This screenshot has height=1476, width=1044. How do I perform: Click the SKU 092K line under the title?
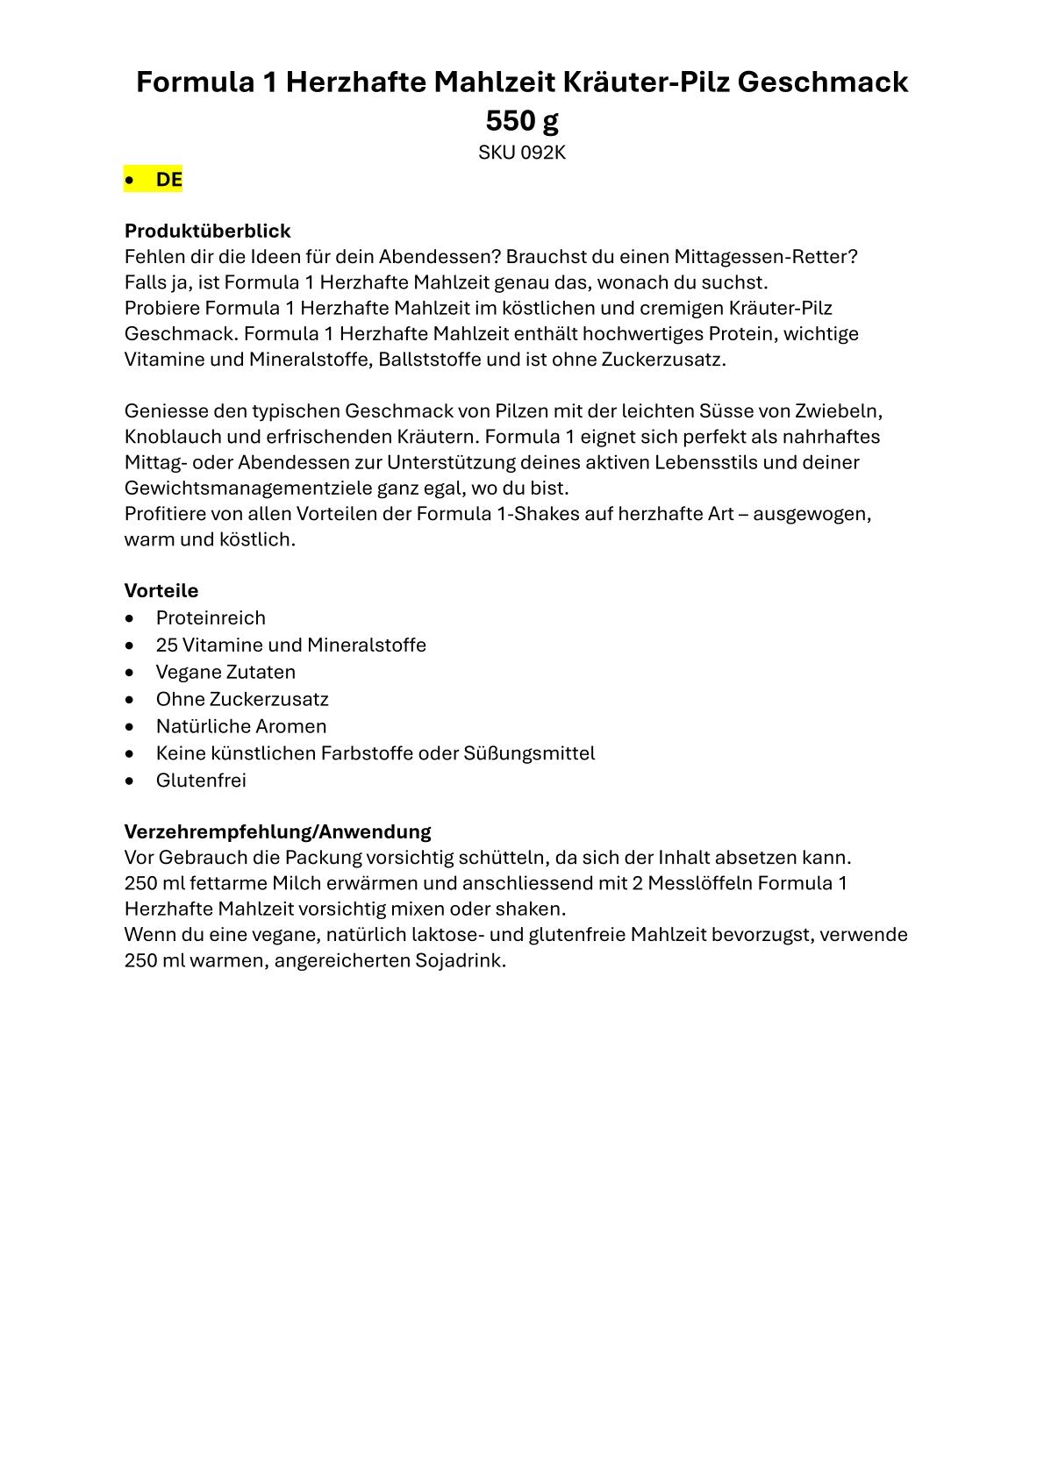click(521, 153)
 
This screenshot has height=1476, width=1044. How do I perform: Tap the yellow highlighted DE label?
click(168, 180)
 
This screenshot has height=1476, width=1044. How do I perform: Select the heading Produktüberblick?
click(207, 231)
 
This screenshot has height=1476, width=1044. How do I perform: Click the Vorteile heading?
click(161, 590)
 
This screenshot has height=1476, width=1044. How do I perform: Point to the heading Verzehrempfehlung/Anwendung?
click(277, 831)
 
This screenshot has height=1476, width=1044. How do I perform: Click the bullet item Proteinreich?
click(211, 617)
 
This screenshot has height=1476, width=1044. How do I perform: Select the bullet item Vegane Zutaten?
click(225, 672)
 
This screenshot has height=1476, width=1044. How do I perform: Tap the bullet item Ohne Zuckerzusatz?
click(242, 699)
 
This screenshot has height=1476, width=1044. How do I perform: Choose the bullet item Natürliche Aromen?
click(241, 726)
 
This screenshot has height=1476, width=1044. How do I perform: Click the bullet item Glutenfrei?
click(201, 780)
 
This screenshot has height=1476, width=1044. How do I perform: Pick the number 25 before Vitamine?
click(167, 645)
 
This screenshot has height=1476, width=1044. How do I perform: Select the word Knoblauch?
click(168, 437)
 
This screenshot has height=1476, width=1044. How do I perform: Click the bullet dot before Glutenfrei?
click(131, 781)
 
